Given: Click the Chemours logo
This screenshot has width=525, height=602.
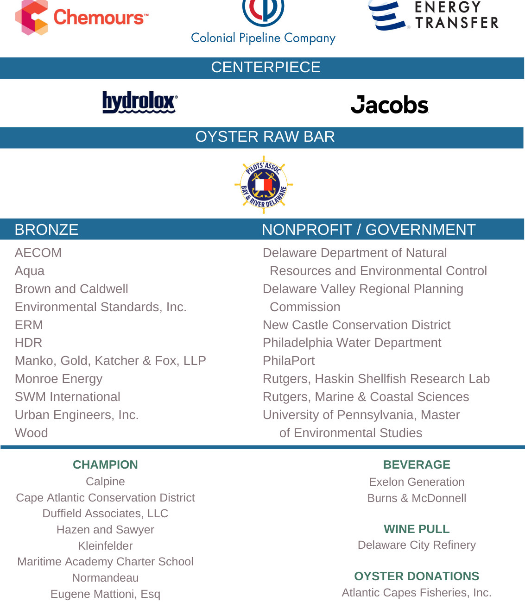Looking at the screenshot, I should tap(82, 18).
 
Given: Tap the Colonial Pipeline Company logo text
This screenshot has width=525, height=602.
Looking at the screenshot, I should tap(263, 38).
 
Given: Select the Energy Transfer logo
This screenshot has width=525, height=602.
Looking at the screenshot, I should tap(434, 16).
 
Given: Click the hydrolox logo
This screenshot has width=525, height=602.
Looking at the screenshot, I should tap(139, 102).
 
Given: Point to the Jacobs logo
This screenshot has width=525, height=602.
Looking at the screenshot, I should tap(389, 105).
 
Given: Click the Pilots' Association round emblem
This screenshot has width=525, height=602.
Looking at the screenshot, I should tap(264, 185).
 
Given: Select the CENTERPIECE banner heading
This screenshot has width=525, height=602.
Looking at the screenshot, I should tap(266, 68).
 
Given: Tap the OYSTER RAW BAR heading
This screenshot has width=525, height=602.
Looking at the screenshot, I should tap(265, 137).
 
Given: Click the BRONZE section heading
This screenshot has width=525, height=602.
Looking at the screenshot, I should tap(46, 230).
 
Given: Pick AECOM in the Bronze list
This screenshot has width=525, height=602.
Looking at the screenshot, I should tap(38, 253).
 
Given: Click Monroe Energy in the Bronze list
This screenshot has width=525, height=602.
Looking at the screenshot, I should tap(58, 379).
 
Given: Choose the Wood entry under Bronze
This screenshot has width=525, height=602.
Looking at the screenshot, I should tap(32, 433).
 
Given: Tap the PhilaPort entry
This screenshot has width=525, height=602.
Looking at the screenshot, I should tap(289, 361).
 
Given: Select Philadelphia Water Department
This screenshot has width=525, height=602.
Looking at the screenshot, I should tap(352, 343).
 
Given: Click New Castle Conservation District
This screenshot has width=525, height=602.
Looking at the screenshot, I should tap(356, 325).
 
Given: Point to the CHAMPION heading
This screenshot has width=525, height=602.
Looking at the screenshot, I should tap(105, 464).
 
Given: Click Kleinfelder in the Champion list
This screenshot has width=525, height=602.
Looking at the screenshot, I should tap(105, 546).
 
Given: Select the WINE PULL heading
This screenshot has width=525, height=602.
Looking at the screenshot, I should tap(417, 529).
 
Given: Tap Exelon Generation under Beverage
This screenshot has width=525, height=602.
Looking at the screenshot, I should tap(417, 482).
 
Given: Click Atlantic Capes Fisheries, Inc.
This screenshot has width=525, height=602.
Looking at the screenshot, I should tap(417, 593).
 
